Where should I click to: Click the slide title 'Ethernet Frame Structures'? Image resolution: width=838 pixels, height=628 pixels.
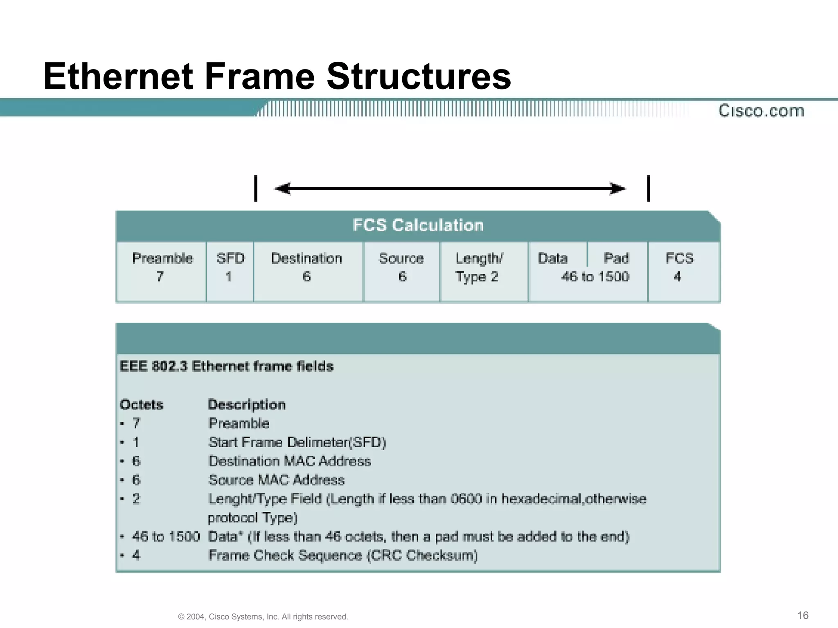click(277, 76)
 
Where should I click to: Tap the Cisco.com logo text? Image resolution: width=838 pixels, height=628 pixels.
click(761, 111)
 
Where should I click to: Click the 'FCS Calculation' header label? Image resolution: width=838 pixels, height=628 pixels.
click(418, 225)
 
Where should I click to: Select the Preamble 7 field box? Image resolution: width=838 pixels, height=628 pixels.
click(162, 271)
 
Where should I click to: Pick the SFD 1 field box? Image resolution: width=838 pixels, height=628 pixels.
click(230, 271)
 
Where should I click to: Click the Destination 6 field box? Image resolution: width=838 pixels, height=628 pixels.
click(307, 271)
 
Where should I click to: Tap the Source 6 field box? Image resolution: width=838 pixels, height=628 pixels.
click(401, 271)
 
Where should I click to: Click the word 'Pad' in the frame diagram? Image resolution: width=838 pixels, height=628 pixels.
click(616, 258)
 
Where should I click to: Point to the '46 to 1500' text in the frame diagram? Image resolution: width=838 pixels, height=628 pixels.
click(595, 277)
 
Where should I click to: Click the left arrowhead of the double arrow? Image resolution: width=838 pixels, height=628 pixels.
click(282, 188)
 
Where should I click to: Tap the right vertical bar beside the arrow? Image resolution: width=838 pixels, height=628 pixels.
click(649, 188)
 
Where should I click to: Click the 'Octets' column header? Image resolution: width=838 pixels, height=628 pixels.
click(141, 405)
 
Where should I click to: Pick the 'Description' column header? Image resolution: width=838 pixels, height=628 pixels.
click(247, 405)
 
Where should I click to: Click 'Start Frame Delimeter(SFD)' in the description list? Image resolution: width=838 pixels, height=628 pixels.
click(297, 442)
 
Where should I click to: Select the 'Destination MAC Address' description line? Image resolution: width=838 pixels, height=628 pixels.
click(290, 461)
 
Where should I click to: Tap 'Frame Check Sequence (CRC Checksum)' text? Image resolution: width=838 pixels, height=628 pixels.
click(343, 555)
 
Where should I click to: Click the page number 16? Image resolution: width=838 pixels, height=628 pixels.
click(803, 615)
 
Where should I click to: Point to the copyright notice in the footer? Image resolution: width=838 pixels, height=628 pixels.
click(263, 617)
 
